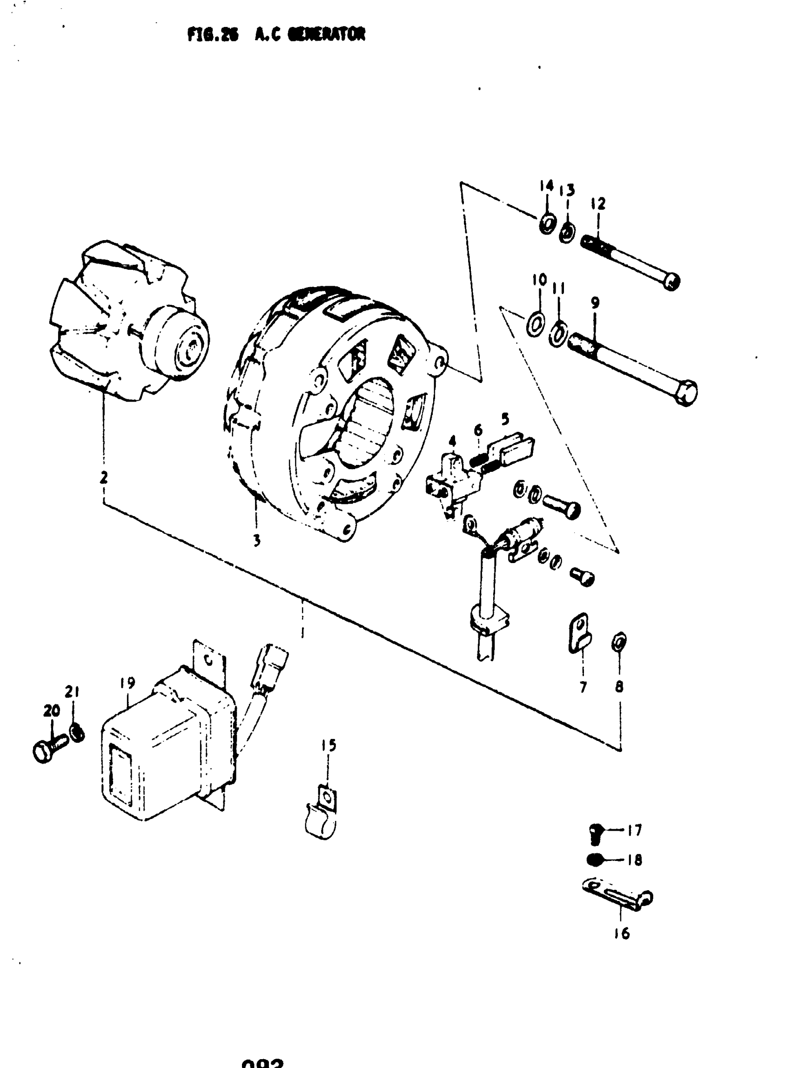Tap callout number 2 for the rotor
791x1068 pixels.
pyautogui.click(x=103, y=477)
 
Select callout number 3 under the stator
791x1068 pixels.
pyautogui.click(x=257, y=540)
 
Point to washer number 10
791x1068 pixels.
pyautogui.click(x=534, y=325)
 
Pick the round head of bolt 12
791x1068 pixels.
pyautogui.click(x=672, y=281)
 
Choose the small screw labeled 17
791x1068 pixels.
pyautogui.click(x=596, y=832)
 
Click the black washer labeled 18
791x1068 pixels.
pyautogui.click(x=595, y=860)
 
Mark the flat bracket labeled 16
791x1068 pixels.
pyautogui.click(x=617, y=894)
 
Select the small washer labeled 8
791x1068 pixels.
pyautogui.click(x=619, y=641)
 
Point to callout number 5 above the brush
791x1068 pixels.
pyautogui.click(x=505, y=419)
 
